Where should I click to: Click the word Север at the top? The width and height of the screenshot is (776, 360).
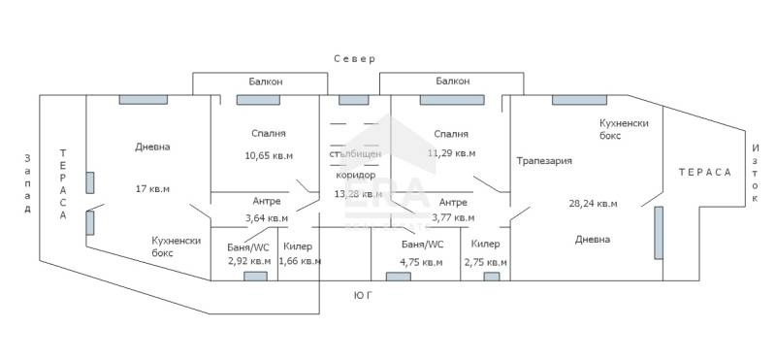coord(354,59)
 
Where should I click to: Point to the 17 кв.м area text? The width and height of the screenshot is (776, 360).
coord(151,189)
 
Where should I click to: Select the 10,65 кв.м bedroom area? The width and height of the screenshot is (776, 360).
coord(268,154)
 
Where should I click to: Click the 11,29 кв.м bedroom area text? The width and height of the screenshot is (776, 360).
coord(452,153)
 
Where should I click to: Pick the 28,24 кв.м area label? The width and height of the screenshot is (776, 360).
coord(593,204)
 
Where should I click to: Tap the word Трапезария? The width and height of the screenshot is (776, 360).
coord(544,161)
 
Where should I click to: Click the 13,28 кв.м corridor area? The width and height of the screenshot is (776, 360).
coord(355,193)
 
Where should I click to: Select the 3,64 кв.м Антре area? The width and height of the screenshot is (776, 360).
coord(266,218)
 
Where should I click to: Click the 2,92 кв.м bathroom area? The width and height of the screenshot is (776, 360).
coord(248,261)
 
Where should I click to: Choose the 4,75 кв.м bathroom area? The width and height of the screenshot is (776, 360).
coord(422,261)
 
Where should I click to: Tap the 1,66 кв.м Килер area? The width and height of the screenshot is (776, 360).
coord(299,261)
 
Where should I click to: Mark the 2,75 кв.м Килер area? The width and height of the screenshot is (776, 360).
coord(486,261)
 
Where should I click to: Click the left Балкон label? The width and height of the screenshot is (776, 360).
coord(264,82)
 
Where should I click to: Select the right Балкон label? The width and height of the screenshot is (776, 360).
coord(453,82)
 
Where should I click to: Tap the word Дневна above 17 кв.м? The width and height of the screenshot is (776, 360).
coord(152,147)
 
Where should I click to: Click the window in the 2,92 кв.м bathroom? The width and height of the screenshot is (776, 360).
coord(255,277)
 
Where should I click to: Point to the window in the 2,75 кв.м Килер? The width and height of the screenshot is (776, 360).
coord(492,277)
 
